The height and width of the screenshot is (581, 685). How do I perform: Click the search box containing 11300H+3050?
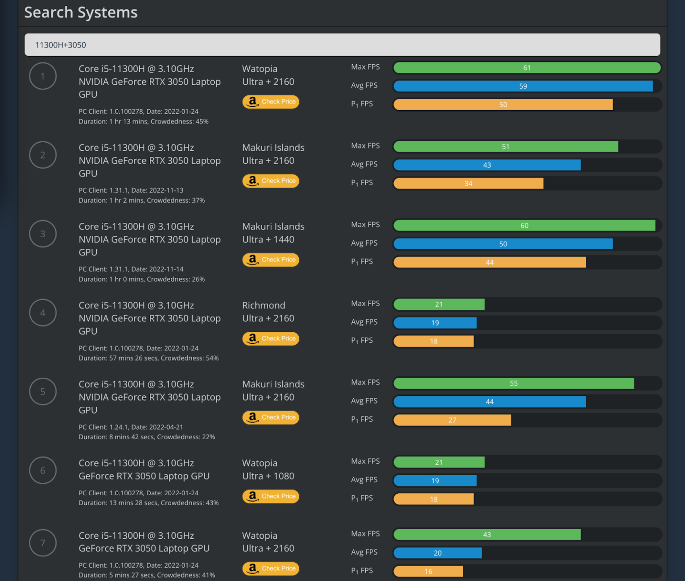(x=342, y=45)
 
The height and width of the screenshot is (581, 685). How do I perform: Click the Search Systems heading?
(x=81, y=12)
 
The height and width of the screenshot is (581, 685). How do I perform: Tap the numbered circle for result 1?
(x=43, y=76)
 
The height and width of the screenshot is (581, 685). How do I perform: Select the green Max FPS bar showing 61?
(x=527, y=68)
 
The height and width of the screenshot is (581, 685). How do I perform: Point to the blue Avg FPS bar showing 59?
(x=523, y=86)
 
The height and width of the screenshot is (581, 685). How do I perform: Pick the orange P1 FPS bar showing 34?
(x=468, y=183)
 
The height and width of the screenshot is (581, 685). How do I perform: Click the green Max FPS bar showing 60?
(x=524, y=226)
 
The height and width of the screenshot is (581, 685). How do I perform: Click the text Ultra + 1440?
(x=268, y=239)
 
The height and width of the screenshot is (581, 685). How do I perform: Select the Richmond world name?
(x=264, y=305)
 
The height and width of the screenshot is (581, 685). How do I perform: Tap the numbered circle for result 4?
(x=43, y=313)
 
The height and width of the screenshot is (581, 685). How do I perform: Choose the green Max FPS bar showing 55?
(x=513, y=383)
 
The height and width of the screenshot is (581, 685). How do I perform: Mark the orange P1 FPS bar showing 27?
(x=452, y=420)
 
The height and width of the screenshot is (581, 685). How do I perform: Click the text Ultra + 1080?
(x=268, y=476)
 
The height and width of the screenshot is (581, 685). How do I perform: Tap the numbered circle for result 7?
(x=43, y=543)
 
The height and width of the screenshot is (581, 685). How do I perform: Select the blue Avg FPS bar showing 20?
(x=437, y=553)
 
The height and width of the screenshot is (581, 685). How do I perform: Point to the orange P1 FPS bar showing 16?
(x=428, y=571)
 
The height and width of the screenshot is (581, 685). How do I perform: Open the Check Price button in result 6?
(x=271, y=496)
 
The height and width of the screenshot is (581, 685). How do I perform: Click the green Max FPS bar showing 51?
(x=505, y=147)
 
